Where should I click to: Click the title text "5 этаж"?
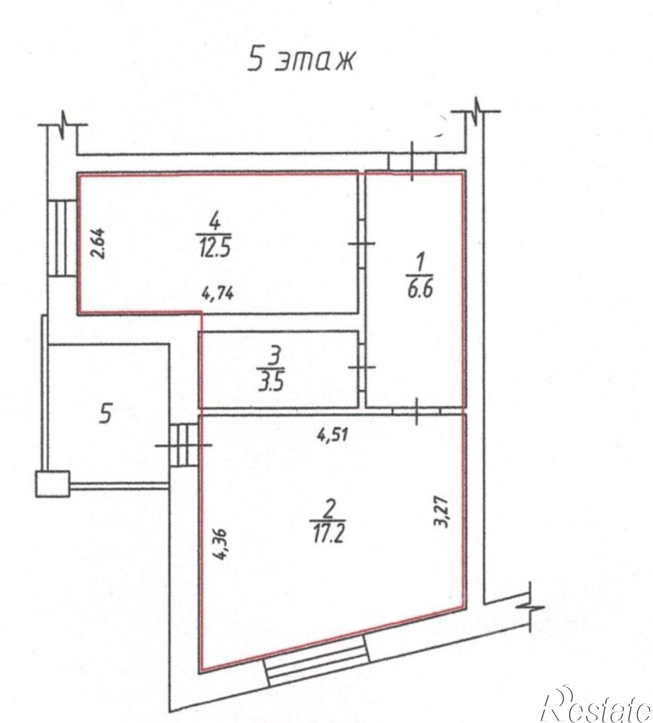coord(300,60)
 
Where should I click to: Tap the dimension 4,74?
coord(217,293)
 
